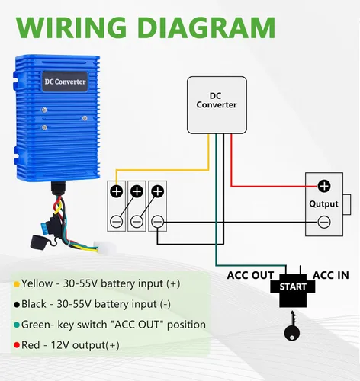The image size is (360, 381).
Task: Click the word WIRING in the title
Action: (71, 27)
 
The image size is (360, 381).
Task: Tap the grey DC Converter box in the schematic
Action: (217, 105)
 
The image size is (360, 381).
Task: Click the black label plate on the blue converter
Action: (65, 82)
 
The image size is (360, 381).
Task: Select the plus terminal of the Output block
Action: (324, 186)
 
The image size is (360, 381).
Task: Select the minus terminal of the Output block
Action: (324, 222)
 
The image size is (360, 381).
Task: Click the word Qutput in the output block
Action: (323, 204)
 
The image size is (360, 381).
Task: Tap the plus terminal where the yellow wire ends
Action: (117, 191)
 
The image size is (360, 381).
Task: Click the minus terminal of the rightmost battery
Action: (158, 222)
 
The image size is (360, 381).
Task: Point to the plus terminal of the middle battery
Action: (137, 191)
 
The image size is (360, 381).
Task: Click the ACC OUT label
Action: (250, 275)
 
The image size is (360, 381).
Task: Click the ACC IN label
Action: (331, 275)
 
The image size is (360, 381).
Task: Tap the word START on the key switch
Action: (293, 287)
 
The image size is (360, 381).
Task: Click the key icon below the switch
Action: (292, 326)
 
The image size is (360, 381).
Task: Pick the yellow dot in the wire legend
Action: (17, 284)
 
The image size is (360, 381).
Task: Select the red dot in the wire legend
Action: (17, 345)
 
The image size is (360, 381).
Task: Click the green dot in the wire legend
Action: (17, 325)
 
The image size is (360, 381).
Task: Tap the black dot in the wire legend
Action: (17, 304)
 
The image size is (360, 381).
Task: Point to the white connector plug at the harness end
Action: (104, 247)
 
